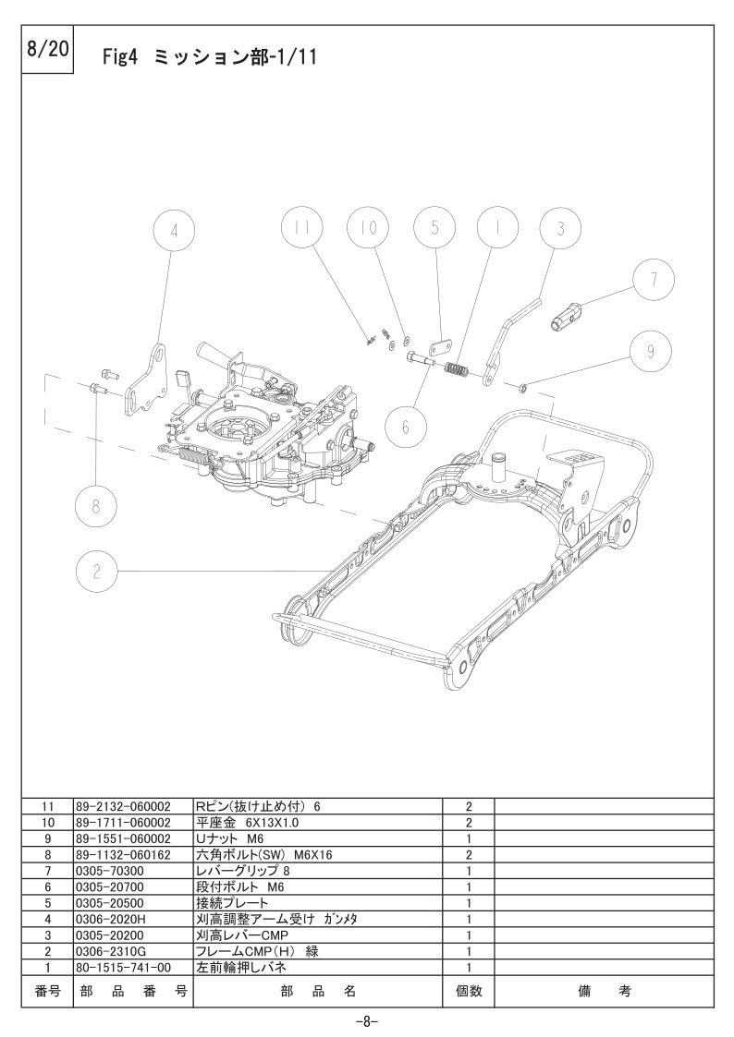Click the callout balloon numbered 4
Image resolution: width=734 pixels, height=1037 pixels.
click(x=175, y=234)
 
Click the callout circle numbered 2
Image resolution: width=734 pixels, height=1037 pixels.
click(x=97, y=572)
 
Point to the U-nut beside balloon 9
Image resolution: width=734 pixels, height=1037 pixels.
click(x=522, y=384)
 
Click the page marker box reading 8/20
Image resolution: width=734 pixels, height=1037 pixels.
click(x=48, y=51)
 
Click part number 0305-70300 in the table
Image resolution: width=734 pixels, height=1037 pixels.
click(x=110, y=870)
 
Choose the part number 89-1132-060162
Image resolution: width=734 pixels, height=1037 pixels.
click(x=123, y=854)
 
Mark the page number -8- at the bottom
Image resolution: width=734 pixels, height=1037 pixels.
click(x=367, y=1021)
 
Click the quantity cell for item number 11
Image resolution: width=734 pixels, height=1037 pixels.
click(x=469, y=806)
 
